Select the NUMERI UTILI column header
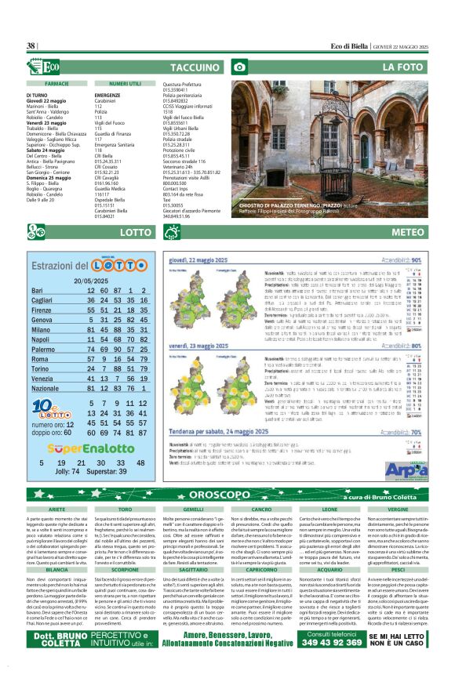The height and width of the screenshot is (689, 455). pyautogui.click(x=125, y=82)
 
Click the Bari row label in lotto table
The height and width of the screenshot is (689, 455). pyautogui.click(x=37, y=291)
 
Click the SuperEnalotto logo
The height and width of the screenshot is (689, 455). pyautogui.click(x=91, y=449)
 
